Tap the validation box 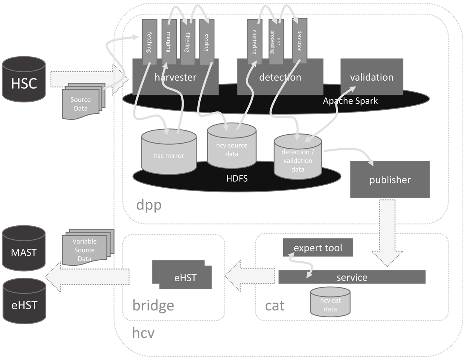click(372, 77)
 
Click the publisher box click(390, 179)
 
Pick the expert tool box click(318, 247)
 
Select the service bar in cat click(352, 277)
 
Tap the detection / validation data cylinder click(297, 159)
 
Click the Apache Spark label click(350, 101)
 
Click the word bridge click(153, 305)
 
